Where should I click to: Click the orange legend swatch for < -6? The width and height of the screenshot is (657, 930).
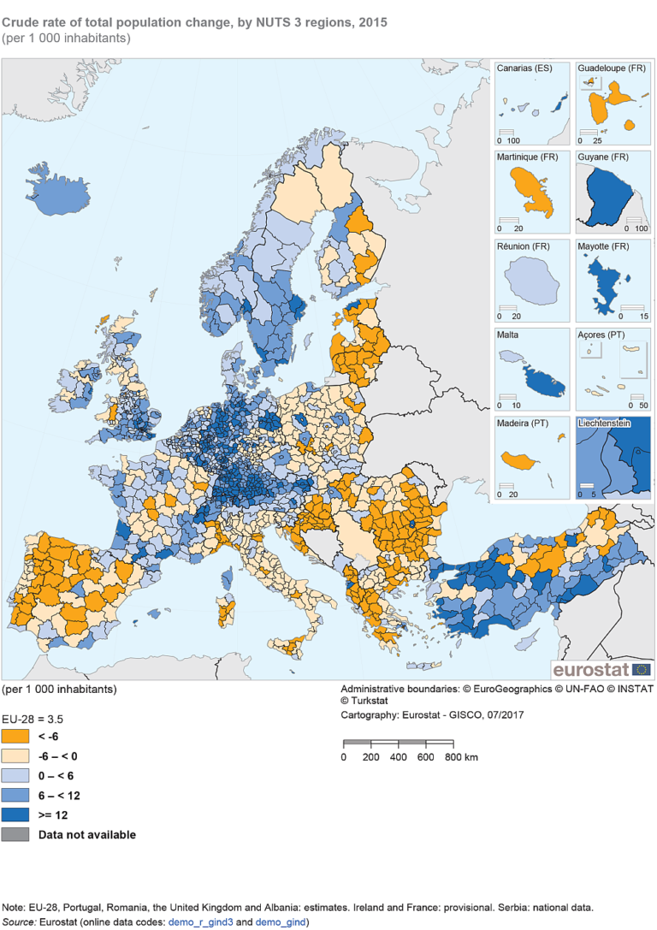tap(15, 736)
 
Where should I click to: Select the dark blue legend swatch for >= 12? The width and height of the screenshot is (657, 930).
tap(15, 814)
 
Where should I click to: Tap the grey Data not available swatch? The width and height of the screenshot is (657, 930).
tap(15, 834)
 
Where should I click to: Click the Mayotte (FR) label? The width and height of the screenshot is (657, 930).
tap(605, 247)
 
